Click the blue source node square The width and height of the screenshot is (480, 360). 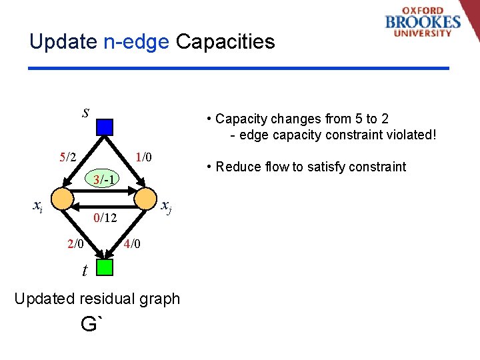pos(105,127)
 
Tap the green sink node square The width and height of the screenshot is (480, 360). pos(105,267)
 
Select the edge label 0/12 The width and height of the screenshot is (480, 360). pos(105,217)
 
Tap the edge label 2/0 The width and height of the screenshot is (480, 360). pos(75,244)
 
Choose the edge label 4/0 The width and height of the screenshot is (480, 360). pos(132,244)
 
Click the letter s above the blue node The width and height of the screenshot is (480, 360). pos(85,111)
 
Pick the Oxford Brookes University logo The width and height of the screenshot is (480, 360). pos(423,23)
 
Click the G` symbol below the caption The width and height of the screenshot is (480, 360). pos(92,325)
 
